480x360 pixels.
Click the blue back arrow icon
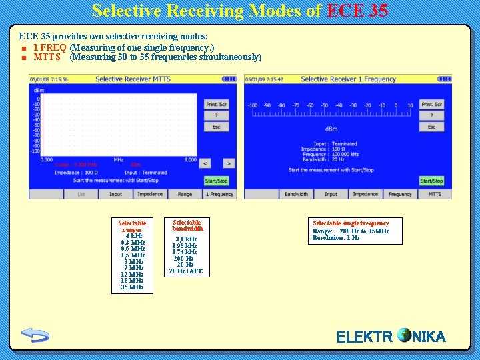35,334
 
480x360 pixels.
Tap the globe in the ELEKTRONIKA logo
403,335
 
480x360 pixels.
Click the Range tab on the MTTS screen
185,194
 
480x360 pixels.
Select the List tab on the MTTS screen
81,194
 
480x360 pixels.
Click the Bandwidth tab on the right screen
296,194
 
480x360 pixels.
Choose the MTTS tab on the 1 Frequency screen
435,194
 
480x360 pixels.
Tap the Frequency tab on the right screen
400,194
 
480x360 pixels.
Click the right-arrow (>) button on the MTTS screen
228,163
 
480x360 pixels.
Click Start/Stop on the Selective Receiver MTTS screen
216,181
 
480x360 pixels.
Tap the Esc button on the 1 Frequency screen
431,127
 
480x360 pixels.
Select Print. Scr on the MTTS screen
216,104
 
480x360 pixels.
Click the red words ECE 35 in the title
358,11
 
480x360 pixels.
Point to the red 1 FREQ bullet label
49,48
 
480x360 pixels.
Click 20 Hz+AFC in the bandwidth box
186,271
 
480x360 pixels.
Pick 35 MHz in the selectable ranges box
132,287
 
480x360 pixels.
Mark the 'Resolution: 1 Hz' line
336,238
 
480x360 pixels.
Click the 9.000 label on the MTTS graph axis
190,159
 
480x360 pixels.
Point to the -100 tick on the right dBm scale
253,105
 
